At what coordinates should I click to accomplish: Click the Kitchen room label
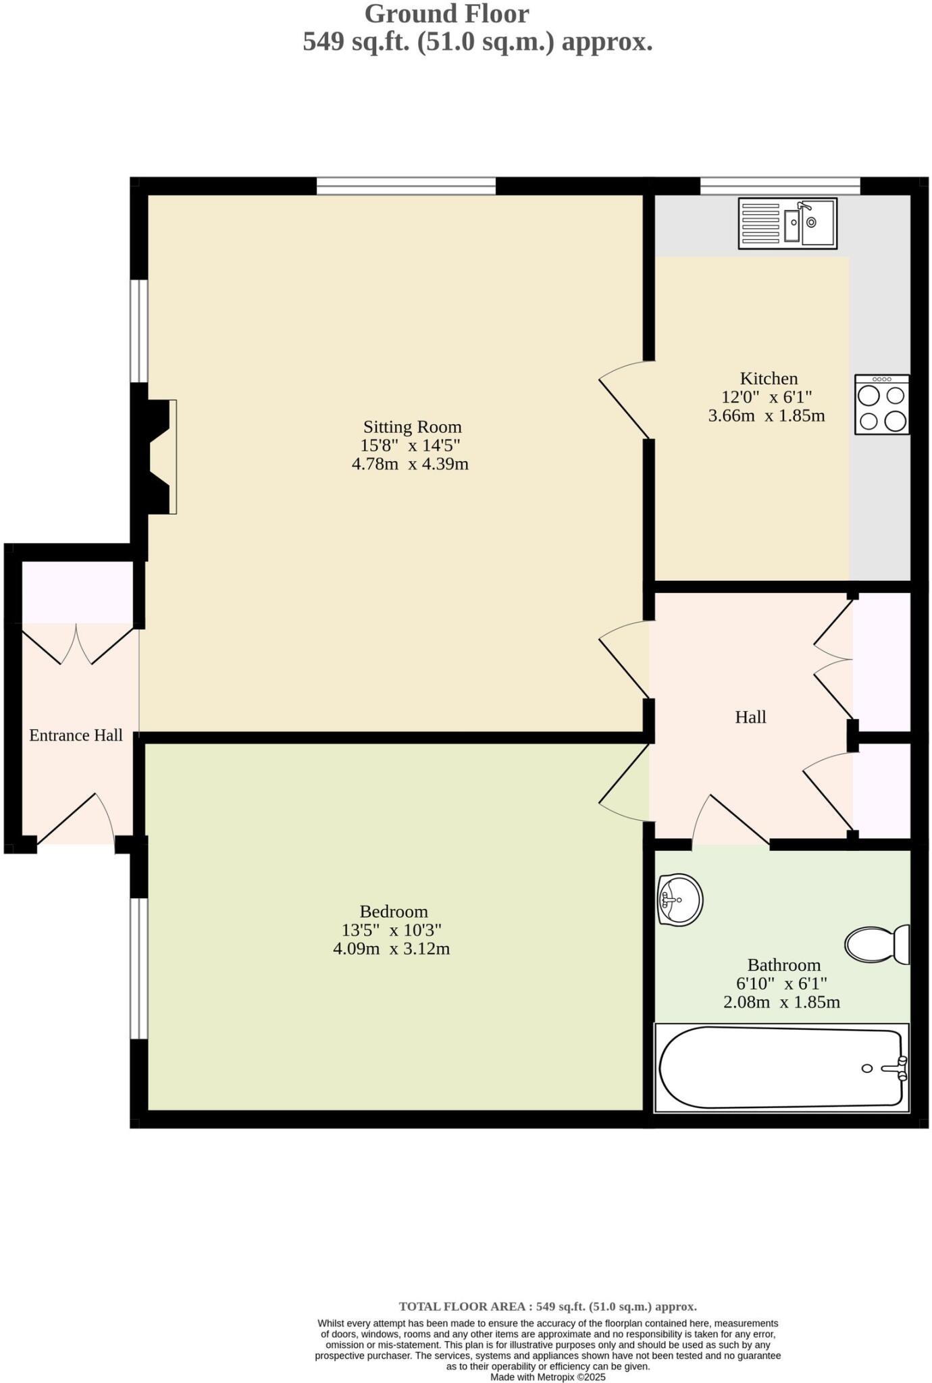(x=769, y=378)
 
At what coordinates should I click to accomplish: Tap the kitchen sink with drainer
(x=787, y=223)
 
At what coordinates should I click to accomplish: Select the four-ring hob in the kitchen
(x=881, y=405)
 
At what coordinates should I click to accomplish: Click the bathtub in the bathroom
(x=781, y=1068)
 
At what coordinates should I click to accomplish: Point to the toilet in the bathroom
(x=877, y=944)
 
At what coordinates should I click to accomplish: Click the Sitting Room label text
(x=412, y=427)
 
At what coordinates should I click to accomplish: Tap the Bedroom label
(x=393, y=912)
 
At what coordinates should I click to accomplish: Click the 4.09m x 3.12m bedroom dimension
(x=391, y=949)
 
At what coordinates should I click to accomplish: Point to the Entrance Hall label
(x=76, y=735)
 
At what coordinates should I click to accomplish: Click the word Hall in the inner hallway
(x=750, y=717)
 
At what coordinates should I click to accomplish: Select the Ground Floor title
(x=446, y=14)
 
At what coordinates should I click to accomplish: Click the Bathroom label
(x=783, y=965)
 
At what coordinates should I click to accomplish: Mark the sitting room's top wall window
(x=406, y=186)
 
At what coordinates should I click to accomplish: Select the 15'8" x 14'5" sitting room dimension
(x=410, y=446)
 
